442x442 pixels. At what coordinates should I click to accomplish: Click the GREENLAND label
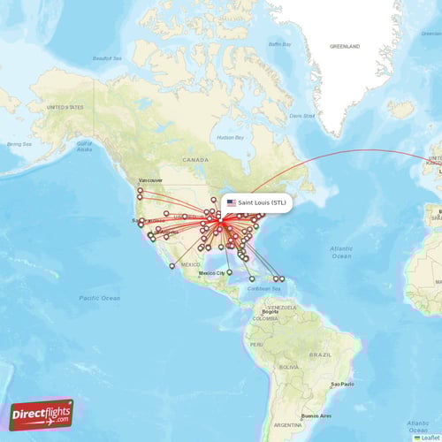tap(345, 45)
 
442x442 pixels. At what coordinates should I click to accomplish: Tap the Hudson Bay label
tap(231, 138)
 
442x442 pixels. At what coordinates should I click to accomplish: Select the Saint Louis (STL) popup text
tap(263, 202)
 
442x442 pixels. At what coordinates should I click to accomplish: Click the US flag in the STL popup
tap(232, 202)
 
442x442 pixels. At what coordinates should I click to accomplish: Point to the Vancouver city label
tap(150, 179)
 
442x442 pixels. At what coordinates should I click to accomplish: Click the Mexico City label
tap(212, 273)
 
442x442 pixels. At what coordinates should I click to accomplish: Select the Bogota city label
tap(271, 312)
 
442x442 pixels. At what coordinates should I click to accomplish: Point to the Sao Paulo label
tap(342, 384)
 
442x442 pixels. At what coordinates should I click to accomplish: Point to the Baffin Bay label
tap(279, 43)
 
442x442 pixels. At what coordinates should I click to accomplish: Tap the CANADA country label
tap(195, 159)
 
